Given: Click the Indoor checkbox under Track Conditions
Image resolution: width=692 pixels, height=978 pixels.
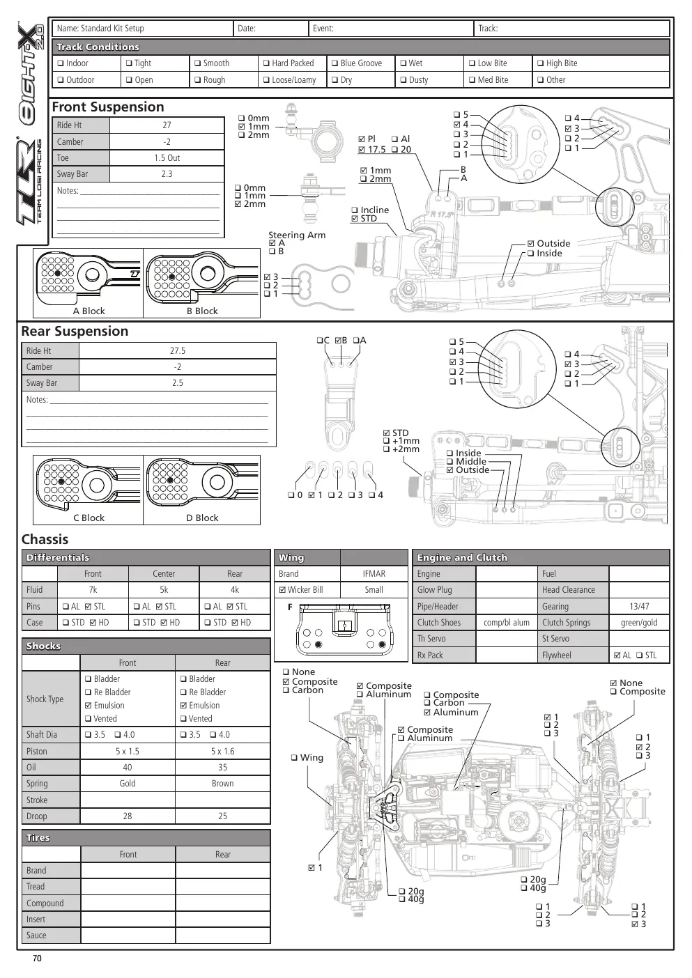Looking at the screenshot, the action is point(61,63).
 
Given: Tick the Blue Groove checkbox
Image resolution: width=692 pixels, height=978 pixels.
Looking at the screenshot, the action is point(335,63).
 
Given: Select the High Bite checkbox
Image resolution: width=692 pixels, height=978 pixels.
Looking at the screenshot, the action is point(540,63).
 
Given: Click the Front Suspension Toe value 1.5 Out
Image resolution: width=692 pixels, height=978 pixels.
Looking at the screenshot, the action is point(167,157).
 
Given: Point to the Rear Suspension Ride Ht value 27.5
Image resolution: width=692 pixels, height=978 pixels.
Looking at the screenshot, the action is point(178,350).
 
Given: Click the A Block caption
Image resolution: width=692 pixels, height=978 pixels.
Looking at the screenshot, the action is point(89,311).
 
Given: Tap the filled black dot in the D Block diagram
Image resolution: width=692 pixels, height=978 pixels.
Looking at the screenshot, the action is point(170,480).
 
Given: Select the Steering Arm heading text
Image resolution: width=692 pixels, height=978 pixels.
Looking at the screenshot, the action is point(297,235).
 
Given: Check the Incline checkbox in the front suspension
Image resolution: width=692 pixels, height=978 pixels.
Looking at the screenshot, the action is point(355,210).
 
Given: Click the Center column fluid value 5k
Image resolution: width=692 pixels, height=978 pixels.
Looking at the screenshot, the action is point(164,589).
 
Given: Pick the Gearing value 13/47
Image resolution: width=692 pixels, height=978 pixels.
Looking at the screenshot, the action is point(639,606).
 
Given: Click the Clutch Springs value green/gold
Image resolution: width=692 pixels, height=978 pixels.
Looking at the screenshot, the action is point(639,622).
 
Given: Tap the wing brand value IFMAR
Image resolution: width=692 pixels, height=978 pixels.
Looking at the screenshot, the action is point(374,573).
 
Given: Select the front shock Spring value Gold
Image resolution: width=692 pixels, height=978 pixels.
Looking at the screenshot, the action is point(128,783).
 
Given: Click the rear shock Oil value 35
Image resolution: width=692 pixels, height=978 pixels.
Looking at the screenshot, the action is point(223,767).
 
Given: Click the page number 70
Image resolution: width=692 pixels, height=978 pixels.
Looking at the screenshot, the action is point(37,958).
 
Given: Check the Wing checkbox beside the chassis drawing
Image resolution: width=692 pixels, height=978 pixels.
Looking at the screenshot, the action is point(294,757).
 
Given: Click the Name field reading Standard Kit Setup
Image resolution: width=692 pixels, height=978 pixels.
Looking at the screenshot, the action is point(100,29).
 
